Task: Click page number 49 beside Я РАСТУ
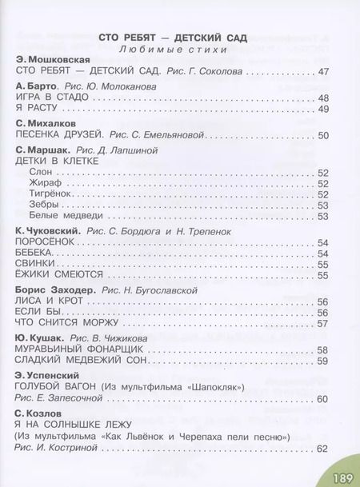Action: click(x=322, y=109)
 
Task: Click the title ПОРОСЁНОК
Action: click(x=45, y=242)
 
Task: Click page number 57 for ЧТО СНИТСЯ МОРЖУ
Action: click(x=322, y=324)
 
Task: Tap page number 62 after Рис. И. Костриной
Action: click(x=322, y=448)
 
